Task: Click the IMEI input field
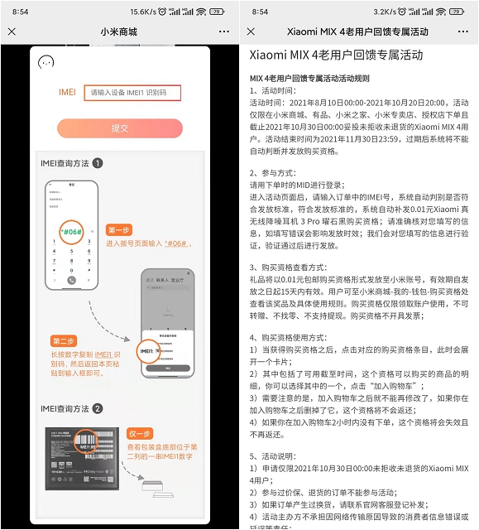click(132, 93)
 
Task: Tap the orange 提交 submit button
click(119, 128)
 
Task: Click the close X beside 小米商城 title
click(12, 32)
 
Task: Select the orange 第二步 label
click(64, 341)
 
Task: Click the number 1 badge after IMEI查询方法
click(98, 163)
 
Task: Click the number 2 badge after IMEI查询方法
click(98, 408)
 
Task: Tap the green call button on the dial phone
click(71, 280)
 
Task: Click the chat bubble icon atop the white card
click(47, 62)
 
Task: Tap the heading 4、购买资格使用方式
click(295, 338)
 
